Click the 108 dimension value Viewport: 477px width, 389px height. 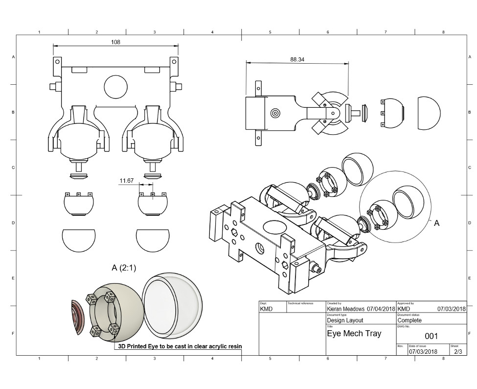pyautogui.click(x=116, y=42)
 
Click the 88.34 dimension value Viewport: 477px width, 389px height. pyautogui.click(x=297, y=59)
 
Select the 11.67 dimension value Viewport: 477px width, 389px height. pyautogui.click(x=127, y=181)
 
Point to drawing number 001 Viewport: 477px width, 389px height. pyautogui.click(x=431, y=336)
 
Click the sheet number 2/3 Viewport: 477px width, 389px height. pyautogui.click(x=457, y=351)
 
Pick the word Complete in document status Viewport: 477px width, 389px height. pyautogui.click(x=409, y=320)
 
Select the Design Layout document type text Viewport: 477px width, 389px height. pyautogui.click(x=345, y=320)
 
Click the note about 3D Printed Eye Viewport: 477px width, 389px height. pyautogui.click(x=180, y=346)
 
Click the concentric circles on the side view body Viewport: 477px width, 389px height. pyautogui.click(x=275, y=113)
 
